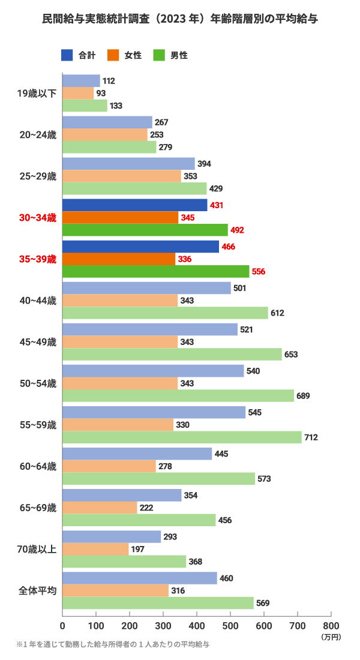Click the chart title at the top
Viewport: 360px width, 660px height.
point(180,19)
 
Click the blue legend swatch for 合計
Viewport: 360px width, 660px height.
point(67,55)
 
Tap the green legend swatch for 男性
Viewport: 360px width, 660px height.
point(160,55)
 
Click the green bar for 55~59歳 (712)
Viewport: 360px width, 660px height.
point(182,437)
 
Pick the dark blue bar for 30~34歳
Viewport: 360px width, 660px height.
point(134,205)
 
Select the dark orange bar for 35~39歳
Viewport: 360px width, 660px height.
point(119,259)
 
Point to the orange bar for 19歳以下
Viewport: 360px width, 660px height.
point(78,93)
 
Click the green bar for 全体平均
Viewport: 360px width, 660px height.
point(158,603)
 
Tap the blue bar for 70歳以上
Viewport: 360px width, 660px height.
point(112,537)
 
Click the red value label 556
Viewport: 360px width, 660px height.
point(259,271)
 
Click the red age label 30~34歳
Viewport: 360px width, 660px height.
point(38,218)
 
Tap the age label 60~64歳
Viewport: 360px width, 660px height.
point(38,466)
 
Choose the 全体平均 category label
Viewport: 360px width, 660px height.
point(38,590)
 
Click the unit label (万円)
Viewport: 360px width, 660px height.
point(331,635)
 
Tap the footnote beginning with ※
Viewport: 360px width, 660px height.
point(113,644)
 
